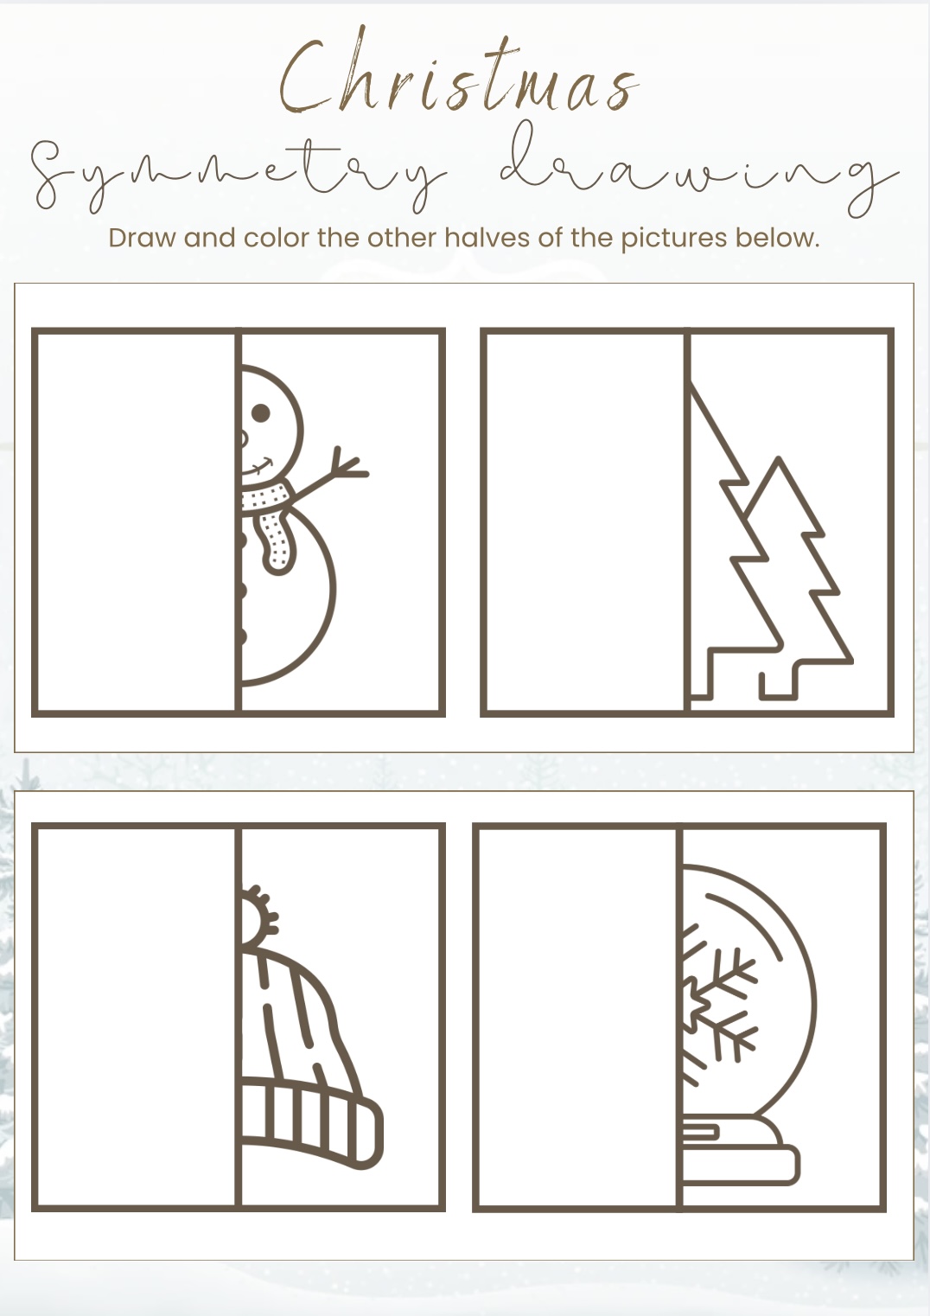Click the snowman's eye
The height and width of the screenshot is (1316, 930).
pyautogui.click(x=260, y=412)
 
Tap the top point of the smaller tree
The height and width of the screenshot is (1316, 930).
pyautogui.click(x=779, y=462)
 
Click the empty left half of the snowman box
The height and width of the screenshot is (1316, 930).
pyautogui.click(x=136, y=521)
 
